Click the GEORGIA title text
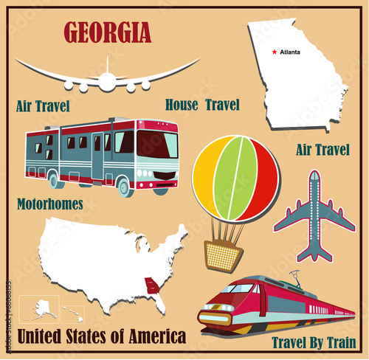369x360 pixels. (x=107, y=32)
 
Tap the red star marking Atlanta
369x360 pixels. (x=275, y=52)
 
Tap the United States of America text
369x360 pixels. (x=102, y=338)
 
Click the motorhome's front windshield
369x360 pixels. (x=156, y=144)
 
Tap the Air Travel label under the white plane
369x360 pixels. (x=43, y=106)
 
